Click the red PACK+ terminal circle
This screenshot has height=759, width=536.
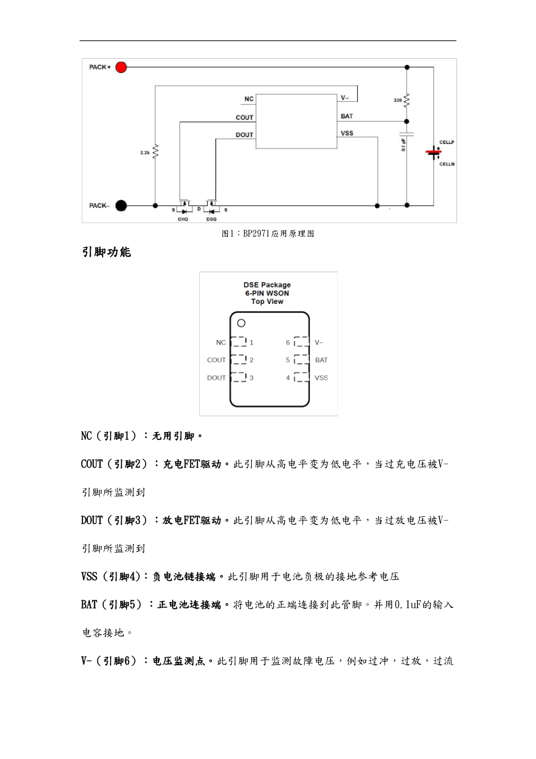(x=121, y=67)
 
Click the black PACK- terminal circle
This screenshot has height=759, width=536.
(x=121, y=206)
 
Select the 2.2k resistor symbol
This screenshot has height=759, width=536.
(x=155, y=151)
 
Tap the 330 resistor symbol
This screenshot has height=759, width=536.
(x=407, y=101)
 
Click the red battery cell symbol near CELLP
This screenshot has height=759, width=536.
(x=433, y=152)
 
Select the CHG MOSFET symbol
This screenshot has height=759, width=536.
(x=184, y=207)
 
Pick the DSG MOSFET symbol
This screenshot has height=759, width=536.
(x=212, y=207)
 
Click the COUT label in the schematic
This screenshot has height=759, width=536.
(x=244, y=117)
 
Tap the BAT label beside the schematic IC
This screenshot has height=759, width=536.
(x=346, y=116)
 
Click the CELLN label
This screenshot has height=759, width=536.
(x=447, y=164)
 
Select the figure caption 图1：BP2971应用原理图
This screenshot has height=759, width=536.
(x=268, y=234)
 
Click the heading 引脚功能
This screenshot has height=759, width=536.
(x=106, y=252)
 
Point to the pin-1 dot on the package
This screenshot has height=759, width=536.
(x=241, y=323)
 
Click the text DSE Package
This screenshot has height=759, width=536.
(x=267, y=285)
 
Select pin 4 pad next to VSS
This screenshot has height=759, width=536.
(x=302, y=377)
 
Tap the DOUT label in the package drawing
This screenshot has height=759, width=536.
(x=216, y=378)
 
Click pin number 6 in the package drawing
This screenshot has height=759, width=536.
(x=288, y=342)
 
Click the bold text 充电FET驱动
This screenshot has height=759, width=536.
(x=192, y=464)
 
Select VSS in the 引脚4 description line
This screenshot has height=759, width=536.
(x=89, y=577)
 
